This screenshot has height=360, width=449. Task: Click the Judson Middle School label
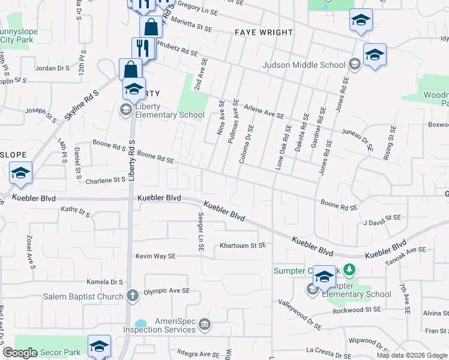coord(304,65)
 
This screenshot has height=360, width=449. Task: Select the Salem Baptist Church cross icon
coord(133,295)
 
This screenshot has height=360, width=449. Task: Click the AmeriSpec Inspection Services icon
coord(205,325)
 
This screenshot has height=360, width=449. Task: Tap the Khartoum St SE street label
coord(243,245)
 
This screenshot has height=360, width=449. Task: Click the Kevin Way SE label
coord(155,256)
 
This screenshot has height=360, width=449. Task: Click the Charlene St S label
coord(105,180)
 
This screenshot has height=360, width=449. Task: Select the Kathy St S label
coord(76,211)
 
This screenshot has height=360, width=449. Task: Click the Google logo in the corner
coord(20,353)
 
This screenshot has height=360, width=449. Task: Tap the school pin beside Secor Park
coord(100,346)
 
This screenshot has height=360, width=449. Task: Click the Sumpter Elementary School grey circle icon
coord(312,290)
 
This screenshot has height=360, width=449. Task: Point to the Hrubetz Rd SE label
coord(177,49)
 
